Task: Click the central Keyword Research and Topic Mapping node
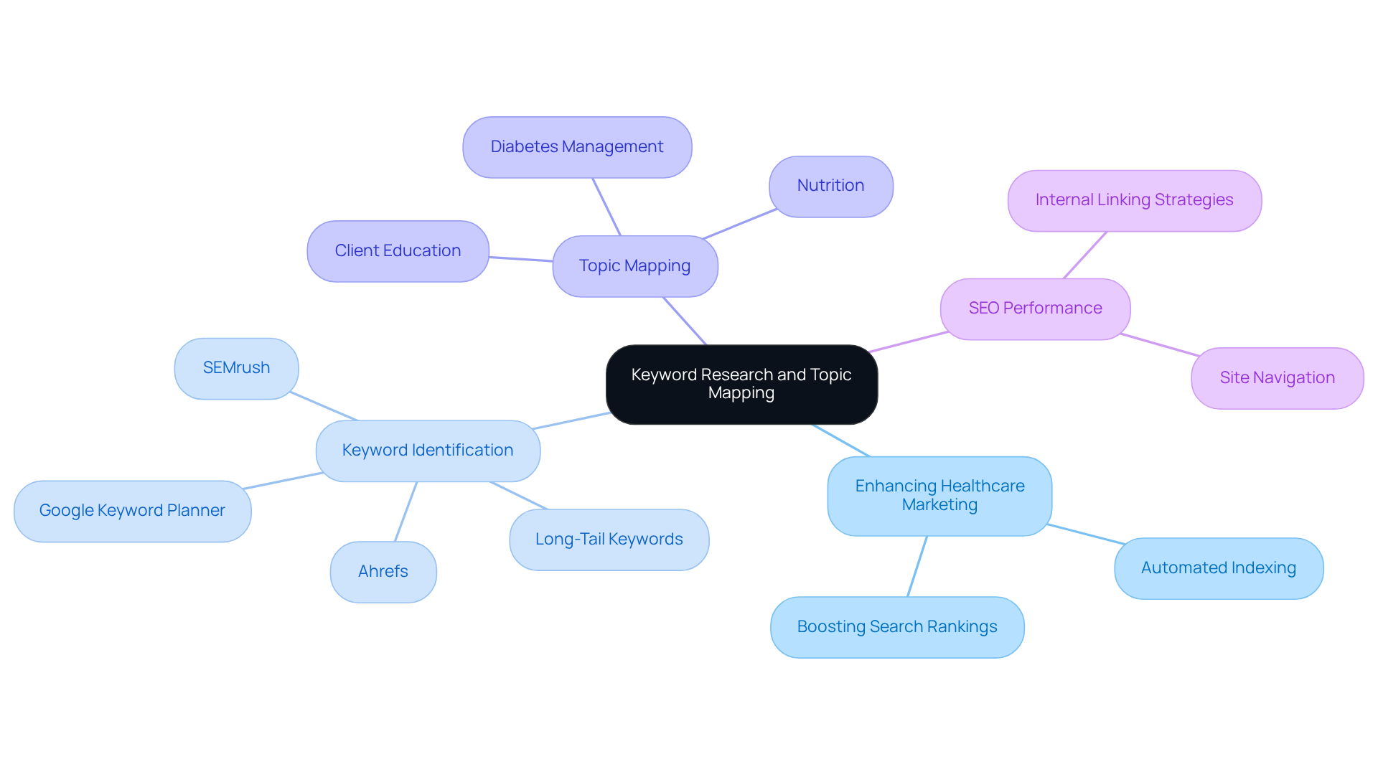(741, 384)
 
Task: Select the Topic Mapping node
(634, 266)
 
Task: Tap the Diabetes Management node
(577, 147)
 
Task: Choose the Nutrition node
(830, 186)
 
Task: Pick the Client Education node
(398, 251)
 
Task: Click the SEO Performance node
(1035, 309)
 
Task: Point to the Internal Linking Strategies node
(1134, 200)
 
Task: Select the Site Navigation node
(1277, 378)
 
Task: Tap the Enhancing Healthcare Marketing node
(939, 495)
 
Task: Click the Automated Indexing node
(1218, 568)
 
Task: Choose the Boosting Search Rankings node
(897, 627)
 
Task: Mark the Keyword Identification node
(428, 451)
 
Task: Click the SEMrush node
(236, 368)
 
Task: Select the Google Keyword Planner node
(132, 511)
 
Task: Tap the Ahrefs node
(383, 572)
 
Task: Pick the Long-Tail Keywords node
(609, 540)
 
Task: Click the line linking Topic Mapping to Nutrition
(739, 224)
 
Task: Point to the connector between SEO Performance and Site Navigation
(1159, 344)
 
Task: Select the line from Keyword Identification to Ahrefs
(406, 512)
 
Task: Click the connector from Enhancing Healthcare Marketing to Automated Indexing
(1085, 534)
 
